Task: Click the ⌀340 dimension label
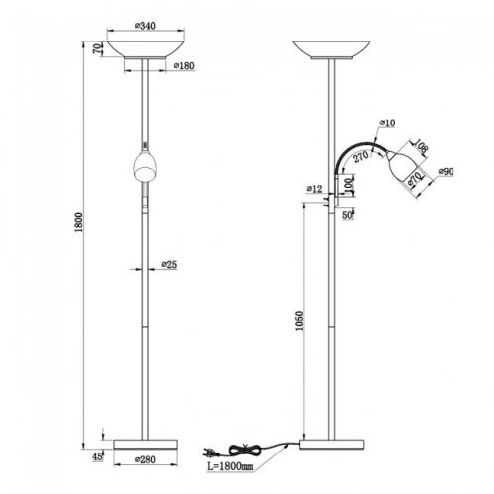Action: coord(145,26)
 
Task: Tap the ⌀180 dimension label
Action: coord(184,66)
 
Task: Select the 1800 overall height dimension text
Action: coord(79,222)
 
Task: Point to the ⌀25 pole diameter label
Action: coord(169,264)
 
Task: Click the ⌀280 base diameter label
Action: coord(145,459)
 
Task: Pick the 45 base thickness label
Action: coord(97,456)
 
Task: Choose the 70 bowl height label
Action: coord(97,49)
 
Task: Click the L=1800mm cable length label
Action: coord(230,466)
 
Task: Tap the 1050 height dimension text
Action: coord(299,321)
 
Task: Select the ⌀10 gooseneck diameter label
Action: coord(387,123)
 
